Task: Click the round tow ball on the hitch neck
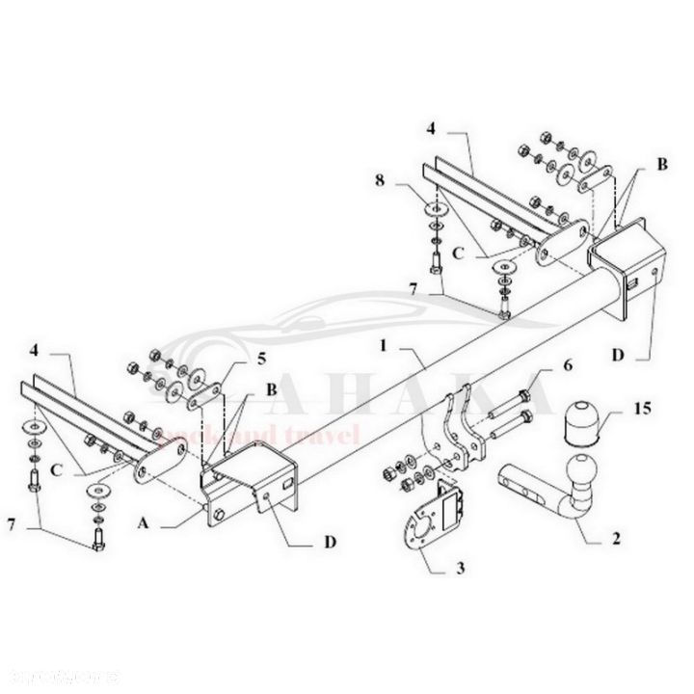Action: point(584,471)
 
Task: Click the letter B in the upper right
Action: point(661,165)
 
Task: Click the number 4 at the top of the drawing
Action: point(433,126)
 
